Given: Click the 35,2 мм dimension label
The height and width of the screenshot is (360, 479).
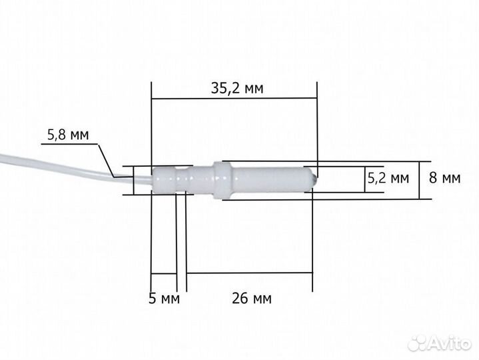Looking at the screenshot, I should tap(234, 87).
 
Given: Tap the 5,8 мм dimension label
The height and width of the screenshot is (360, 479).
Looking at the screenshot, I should tap(67, 135).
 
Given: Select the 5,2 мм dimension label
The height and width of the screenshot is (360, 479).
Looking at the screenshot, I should tap(388, 179).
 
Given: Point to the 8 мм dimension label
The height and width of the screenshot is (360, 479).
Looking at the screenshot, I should tap(444, 179).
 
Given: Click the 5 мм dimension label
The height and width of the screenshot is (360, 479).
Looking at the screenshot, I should tap(165, 299).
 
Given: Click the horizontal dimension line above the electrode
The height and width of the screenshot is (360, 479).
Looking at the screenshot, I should tap(234, 99).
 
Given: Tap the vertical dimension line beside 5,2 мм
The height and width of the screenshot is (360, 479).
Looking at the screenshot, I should tap(366, 179).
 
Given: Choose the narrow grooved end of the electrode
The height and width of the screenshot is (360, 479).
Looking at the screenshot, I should tap(172, 179).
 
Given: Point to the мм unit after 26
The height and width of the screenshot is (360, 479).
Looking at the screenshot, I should tap(262, 299).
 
